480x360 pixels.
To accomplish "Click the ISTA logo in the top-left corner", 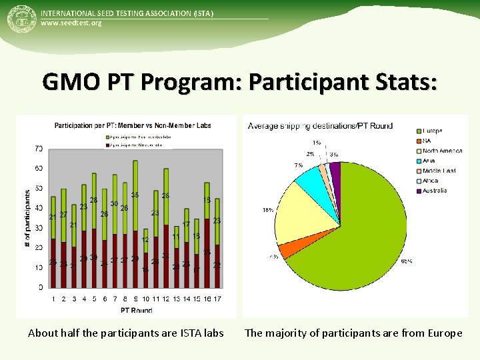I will [x=20, y=19].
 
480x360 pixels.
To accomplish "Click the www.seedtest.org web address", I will [x=71, y=23].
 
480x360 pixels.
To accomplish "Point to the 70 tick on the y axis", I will [x=39, y=149].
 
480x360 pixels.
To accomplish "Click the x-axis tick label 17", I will [x=217, y=299].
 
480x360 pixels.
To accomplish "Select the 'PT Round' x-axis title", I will [x=136, y=309].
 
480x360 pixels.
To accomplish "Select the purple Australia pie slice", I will [x=335, y=171].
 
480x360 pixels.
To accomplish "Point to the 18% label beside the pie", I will [x=267, y=210].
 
